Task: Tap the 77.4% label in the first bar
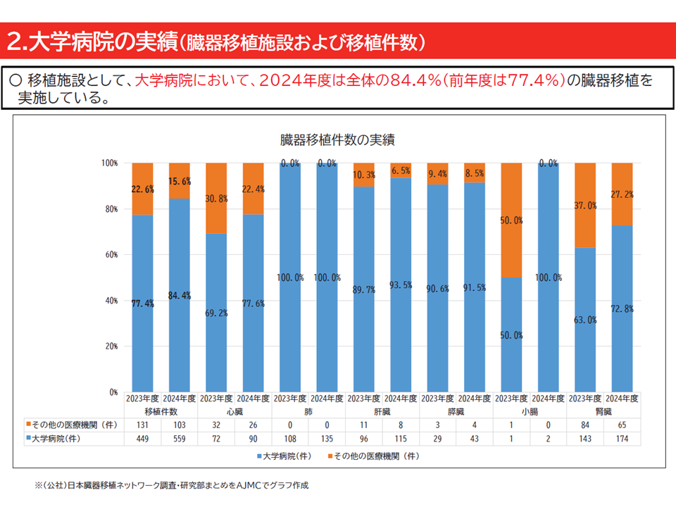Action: (x=143, y=304)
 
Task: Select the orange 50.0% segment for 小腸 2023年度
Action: (x=512, y=220)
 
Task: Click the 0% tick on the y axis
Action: (x=113, y=392)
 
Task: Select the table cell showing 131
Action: (x=143, y=425)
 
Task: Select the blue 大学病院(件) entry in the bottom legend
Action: (x=285, y=456)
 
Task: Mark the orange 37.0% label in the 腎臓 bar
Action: (x=586, y=206)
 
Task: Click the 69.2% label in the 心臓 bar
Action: (x=216, y=313)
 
